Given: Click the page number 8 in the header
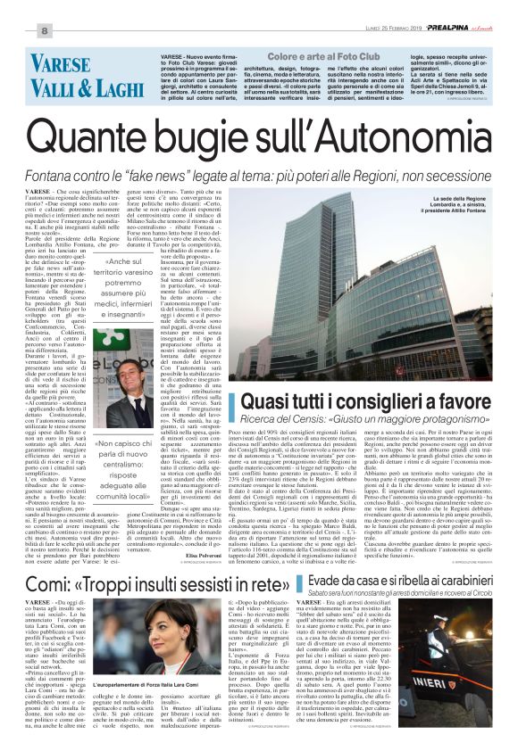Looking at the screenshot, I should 44,31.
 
